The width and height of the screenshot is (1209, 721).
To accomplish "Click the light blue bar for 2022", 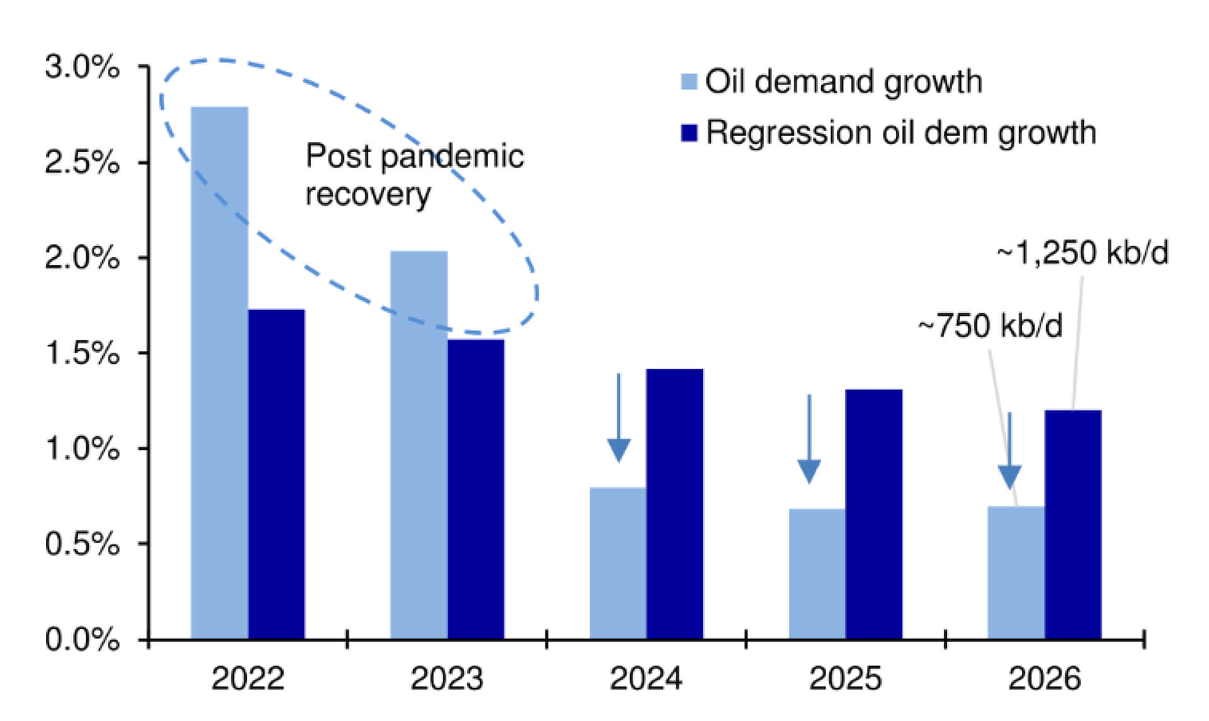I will click(219, 372).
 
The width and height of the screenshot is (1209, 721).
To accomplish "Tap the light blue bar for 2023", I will click(419, 444).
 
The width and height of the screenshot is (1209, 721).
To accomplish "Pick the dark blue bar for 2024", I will click(674, 504).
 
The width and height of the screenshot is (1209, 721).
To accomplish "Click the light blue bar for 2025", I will click(817, 574).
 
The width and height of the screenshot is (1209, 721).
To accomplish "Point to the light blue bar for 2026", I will click(1016, 572).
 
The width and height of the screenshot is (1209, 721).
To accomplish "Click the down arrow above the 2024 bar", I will click(618, 419).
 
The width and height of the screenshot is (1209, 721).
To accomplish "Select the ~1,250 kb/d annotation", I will click(1082, 253).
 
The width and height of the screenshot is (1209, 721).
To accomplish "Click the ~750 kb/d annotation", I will click(990, 326).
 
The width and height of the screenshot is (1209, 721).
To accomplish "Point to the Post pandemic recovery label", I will click(414, 175).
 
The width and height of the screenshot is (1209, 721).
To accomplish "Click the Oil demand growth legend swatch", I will click(689, 82).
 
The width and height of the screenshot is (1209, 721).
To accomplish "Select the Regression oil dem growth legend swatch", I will click(689, 133).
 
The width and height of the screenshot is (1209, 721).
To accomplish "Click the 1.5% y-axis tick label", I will click(82, 354).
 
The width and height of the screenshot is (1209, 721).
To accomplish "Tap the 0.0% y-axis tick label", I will click(82, 640).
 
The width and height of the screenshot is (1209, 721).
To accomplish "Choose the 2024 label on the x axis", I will click(646, 679).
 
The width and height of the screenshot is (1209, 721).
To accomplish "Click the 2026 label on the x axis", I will click(1044, 679).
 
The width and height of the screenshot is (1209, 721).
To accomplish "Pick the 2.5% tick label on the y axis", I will click(82, 163).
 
